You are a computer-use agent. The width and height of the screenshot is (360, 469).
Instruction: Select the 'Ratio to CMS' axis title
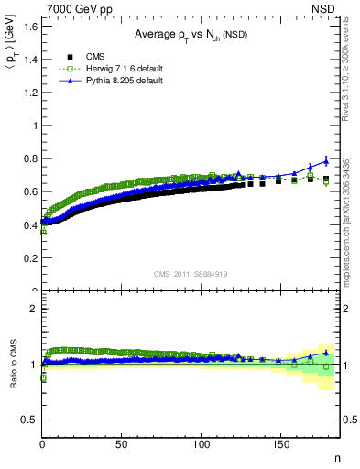tap(13, 364)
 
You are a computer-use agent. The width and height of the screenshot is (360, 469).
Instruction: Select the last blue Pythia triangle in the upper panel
tap(326, 160)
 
